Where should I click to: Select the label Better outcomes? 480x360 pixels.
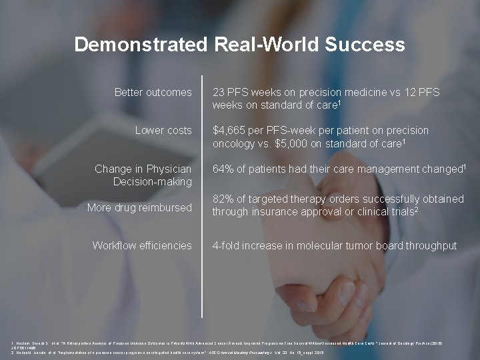153,92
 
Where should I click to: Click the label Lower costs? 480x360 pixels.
163,130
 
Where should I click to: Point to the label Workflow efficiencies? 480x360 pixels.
142,245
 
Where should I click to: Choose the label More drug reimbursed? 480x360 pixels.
139,207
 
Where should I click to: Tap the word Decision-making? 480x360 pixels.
153,181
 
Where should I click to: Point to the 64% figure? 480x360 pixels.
223,169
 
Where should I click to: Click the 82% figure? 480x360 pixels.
223,199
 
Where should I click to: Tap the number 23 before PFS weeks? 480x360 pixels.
219,92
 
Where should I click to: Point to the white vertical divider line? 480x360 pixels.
202,200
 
